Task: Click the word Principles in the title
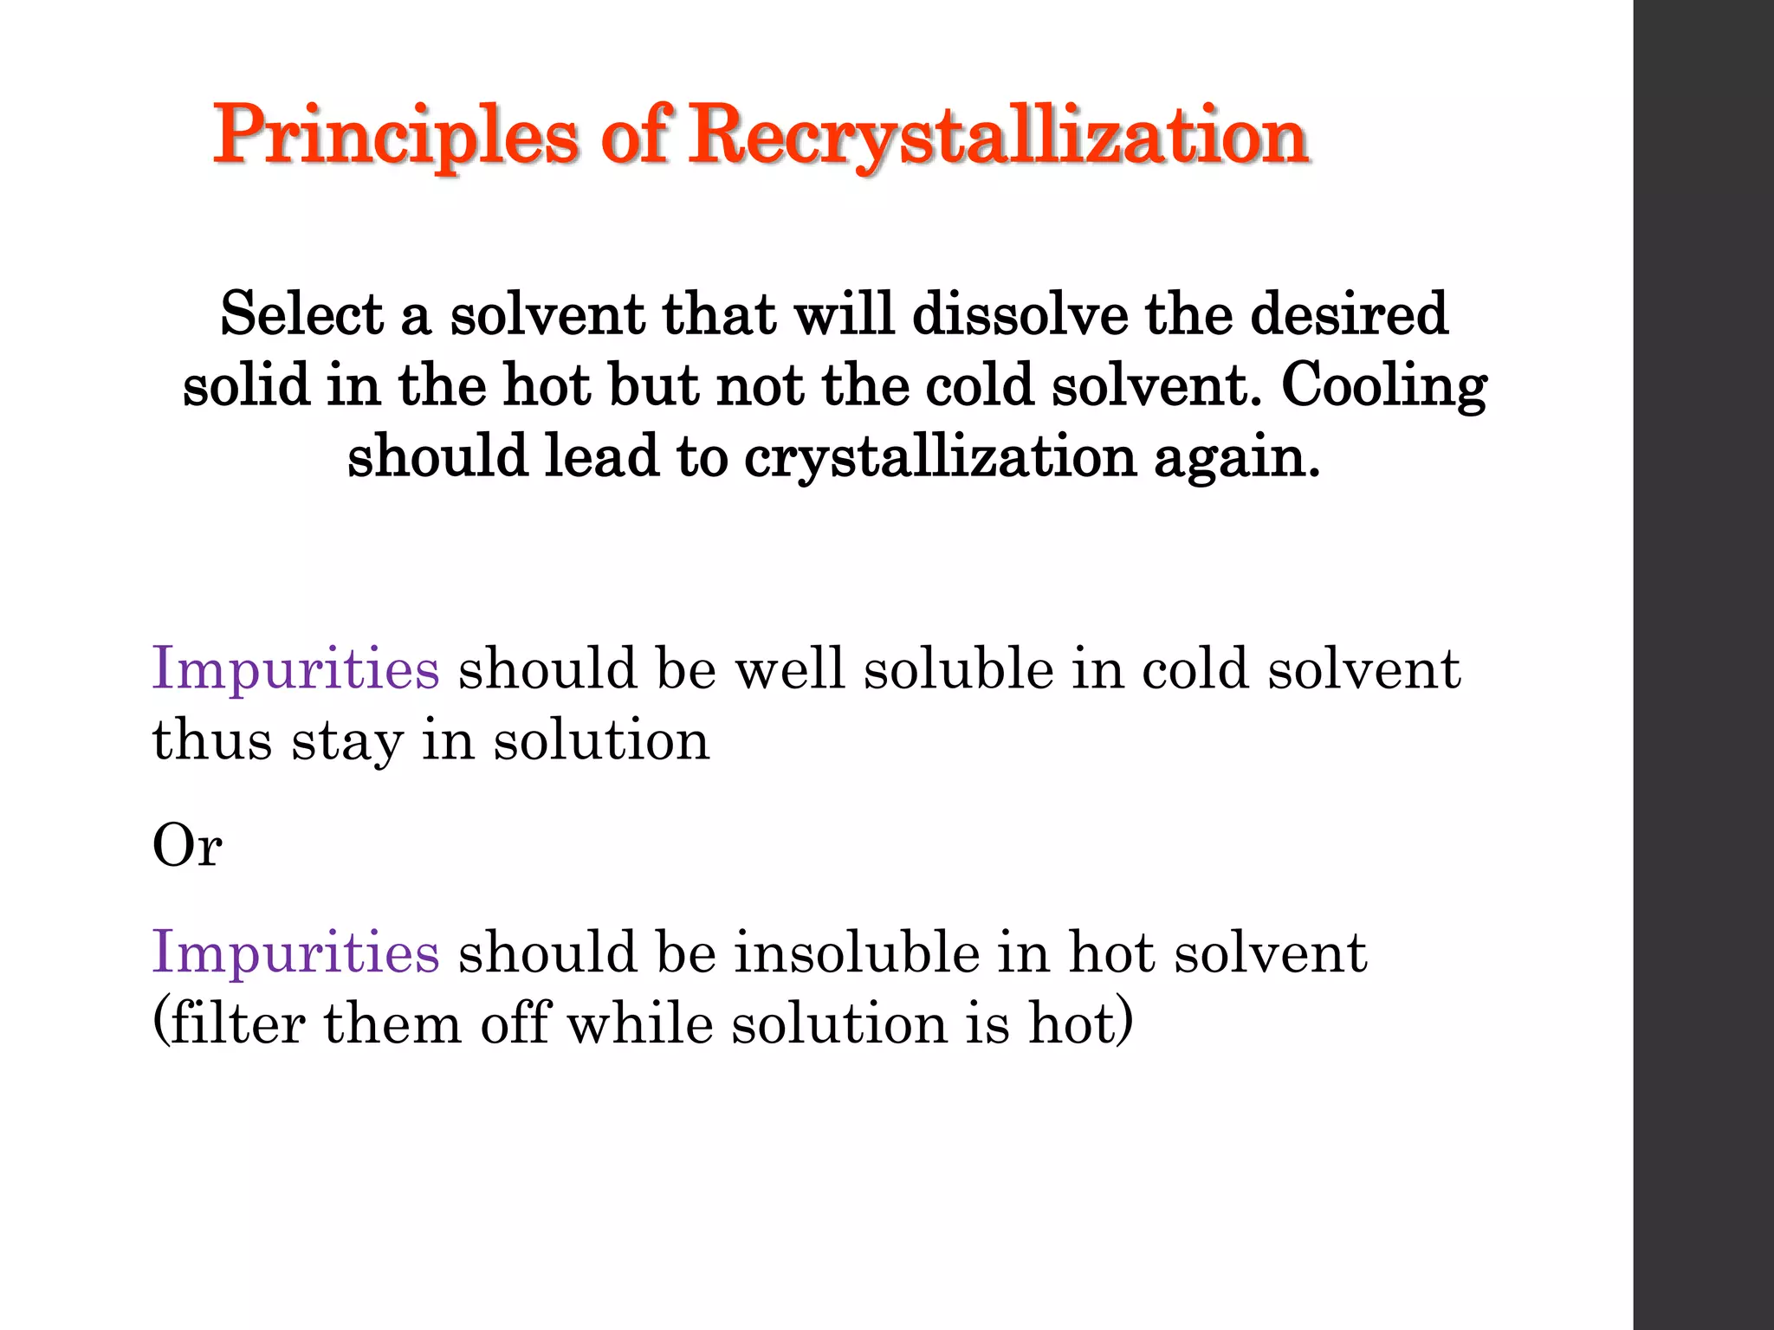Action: pyautogui.click(x=395, y=136)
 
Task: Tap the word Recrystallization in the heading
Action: pyautogui.click(x=998, y=136)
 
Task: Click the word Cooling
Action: pyautogui.click(x=1383, y=386)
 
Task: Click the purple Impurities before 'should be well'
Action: pyautogui.click(x=295, y=669)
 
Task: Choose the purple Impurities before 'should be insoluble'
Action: pyautogui.click(x=295, y=953)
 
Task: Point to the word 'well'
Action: pyautogui.click(x=790, y=669)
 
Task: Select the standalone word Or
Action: pyautogui.click(x=187, y=845)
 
